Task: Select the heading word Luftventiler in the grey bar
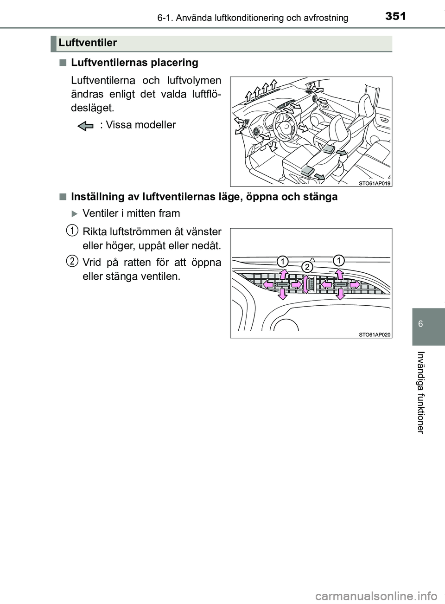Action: (88, 43)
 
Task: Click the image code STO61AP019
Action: (375, 183)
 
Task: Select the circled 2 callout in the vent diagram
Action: (306, 267)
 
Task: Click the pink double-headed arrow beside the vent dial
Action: (306, 284)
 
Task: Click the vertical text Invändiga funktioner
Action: (420, 392)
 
